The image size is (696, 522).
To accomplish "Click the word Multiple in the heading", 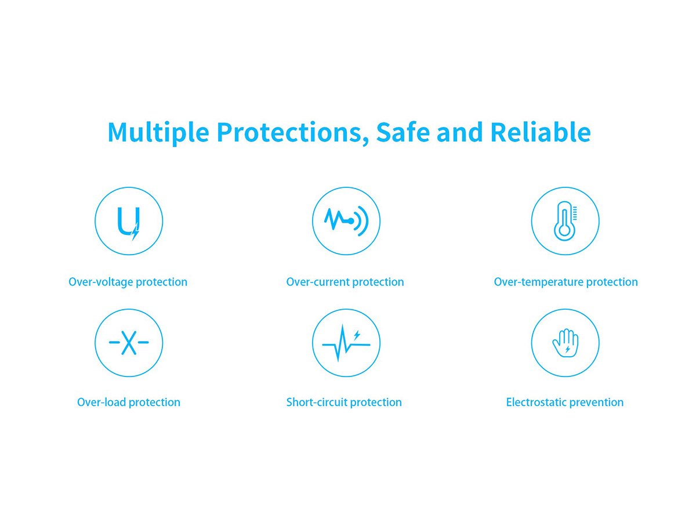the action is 158,132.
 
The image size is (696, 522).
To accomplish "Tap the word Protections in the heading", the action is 289,132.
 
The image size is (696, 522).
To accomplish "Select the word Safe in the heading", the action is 403,131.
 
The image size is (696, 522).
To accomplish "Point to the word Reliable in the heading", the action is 541,131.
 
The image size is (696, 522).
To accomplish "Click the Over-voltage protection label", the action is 128,282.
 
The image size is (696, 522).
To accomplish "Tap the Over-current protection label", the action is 345,282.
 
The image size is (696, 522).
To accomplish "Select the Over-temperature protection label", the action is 565,282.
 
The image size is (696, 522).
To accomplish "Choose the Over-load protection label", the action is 128,402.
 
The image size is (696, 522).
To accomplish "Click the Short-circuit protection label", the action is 344,402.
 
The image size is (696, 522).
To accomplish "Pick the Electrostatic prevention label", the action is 565,402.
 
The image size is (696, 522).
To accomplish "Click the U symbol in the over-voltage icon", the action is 118,222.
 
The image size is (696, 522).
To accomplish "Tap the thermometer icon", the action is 564,221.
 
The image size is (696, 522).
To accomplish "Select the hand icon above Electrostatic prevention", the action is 565,343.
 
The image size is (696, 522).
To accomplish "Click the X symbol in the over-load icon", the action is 129,342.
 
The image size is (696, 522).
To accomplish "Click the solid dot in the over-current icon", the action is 351,221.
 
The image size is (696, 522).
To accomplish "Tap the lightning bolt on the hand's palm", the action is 568,349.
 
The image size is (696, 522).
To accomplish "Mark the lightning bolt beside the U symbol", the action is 135,231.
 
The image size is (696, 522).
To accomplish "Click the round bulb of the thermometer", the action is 564,230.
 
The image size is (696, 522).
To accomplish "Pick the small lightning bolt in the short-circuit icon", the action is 357,335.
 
